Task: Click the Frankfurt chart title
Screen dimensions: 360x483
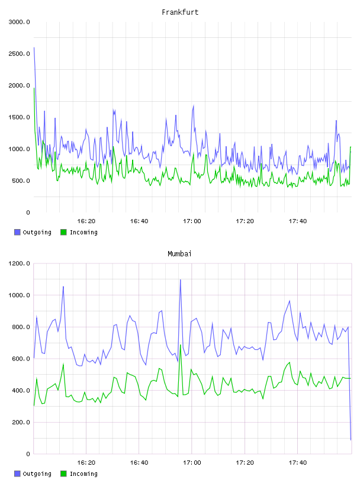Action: coord(180,12)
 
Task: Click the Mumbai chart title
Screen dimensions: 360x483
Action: coord(179,254)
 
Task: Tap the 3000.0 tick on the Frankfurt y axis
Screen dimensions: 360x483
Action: coord(19,22)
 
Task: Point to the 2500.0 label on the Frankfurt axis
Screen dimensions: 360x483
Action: coord(19,54)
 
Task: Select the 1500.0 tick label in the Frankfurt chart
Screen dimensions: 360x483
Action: coord(19,117)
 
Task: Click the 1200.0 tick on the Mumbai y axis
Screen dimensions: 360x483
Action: coord(19,263)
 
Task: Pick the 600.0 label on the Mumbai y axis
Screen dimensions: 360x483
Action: coord(21,359)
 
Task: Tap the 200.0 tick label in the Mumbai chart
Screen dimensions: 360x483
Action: coord(21,422)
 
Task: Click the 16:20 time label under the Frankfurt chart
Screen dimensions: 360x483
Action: coord(86,221)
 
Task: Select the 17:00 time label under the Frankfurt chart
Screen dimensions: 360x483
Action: coord(192,221)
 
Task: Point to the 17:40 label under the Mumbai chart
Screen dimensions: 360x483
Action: coord(298,463)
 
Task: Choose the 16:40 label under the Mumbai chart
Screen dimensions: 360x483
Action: coord(139,463)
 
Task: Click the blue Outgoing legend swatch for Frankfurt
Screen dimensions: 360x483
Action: coord(17,232)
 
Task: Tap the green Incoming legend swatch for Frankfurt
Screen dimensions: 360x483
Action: coord(63,232)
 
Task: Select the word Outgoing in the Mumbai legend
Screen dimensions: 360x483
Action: coord(37,474)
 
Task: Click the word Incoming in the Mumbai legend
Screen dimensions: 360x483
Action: coord(83,474)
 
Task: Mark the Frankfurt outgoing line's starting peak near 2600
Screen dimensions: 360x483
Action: coord(34,47)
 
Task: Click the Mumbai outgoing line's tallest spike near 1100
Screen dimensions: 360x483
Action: coord(181,280)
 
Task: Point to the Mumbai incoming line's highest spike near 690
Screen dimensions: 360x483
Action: coord(181,344)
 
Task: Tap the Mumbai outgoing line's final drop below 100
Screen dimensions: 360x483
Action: coord(351,440)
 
